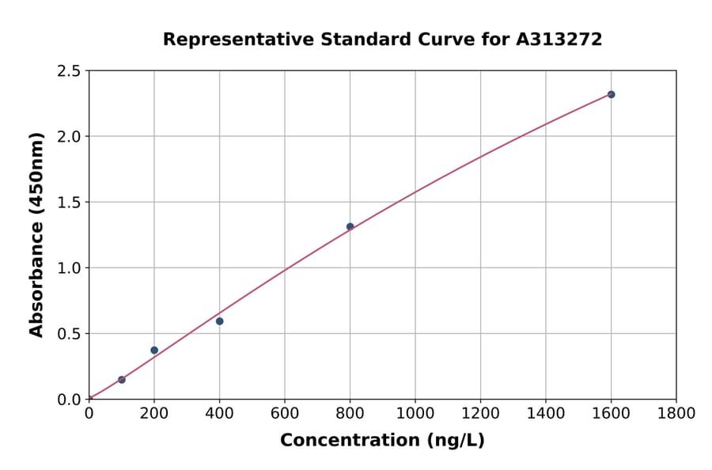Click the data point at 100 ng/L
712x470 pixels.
tap(122, 380)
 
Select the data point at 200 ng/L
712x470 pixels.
tap(154, 351)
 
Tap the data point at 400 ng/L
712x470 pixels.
tap(220, 321)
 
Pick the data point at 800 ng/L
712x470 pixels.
tap(350, 227)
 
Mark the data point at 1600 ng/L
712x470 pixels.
tap(612, 94)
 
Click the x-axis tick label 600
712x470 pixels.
tap(285, 413)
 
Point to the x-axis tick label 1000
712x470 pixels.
tap(415, 413)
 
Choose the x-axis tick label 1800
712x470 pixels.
tap(676, 413)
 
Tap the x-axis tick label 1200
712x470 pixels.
tap(481, 413)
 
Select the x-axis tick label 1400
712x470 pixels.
tap(546, 413)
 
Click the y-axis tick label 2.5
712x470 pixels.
tap(70, 71)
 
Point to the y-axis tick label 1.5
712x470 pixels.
tap(70, 203)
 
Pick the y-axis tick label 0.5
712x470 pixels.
tap(70, 334)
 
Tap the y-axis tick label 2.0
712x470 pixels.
tap(70, 137)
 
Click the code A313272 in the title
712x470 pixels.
tap(559, 39)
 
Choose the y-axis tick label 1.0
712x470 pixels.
tap(70, 268)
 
